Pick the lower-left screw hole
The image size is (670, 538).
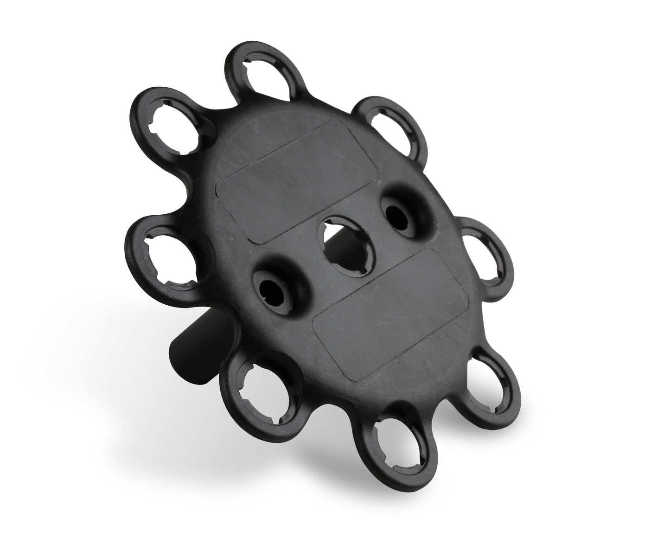tap(274, 289)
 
